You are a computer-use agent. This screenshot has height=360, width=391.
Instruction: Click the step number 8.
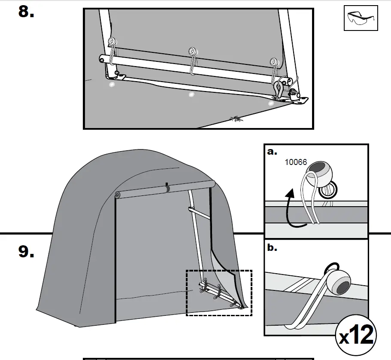[x=26, y=12]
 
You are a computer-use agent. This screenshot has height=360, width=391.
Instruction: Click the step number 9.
[x=26, y=252]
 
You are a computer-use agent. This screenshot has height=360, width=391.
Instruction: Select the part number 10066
[x=297, y=162]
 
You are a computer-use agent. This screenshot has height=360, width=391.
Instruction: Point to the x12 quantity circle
[x=356, y=336]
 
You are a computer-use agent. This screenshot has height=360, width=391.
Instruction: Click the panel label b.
[x=271, y=248]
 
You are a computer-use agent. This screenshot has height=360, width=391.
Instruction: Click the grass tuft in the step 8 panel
[x=236, y=118]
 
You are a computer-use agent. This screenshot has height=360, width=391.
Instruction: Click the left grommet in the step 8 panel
[x=112, y=41]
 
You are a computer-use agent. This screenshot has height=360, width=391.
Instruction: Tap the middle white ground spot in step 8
[x=191, y=94]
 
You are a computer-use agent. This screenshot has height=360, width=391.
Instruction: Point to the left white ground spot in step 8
[x=112, y=85]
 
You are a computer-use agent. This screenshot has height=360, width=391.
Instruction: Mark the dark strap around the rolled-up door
[x=167, y=188]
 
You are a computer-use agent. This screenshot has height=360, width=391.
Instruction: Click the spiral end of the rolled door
[x=117, y=195]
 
